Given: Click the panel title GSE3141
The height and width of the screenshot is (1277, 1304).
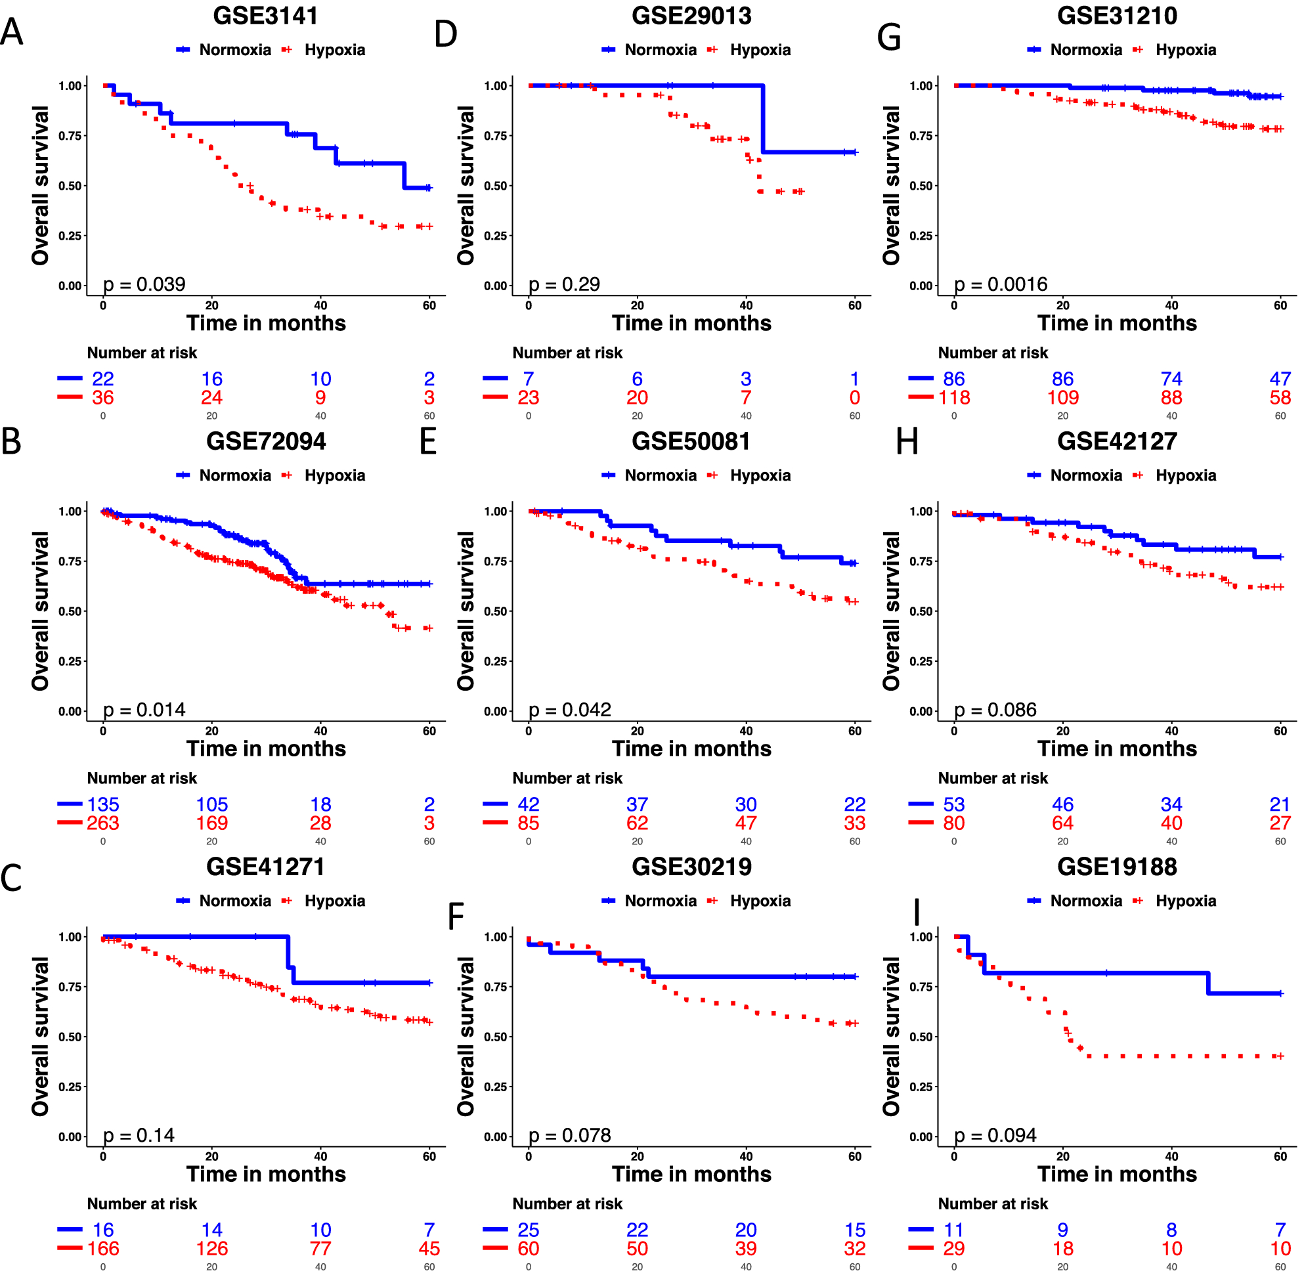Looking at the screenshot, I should pyautogui.click(x=266, y=15).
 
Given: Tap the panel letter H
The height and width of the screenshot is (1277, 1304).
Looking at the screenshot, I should pyautogui.click(x=907, y=442).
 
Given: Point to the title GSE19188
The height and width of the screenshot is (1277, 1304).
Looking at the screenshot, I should pyautogui.click(x=1117, y=867).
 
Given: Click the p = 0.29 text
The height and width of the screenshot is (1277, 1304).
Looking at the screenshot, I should pyautogui.click(x=564, y=284).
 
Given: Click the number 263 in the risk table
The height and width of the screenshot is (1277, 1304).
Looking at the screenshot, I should pyautogui.click(x=102, y=823).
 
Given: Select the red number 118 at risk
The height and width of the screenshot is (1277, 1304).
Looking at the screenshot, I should pyautogui.click(x=954, y=398).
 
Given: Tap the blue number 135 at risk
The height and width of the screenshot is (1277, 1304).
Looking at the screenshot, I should pyautogui.click(x=102, y=804).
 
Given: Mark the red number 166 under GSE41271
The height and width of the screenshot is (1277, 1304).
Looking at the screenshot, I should pyautogui.click(x=102, y=1248).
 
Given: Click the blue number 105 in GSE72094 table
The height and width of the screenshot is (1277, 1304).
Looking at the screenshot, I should pyautogui.click(x=212, y=804).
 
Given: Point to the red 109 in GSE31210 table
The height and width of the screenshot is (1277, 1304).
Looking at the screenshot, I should pyautogui.click(x=1062, y=398).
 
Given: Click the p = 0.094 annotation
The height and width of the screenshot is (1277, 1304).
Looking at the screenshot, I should pyautogui.click(x=995, y=1135).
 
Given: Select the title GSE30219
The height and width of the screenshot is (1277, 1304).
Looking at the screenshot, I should pyautogui.click(x=691, y=867).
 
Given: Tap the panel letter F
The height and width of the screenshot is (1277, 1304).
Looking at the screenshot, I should pyautogui.click(x=456, y=916).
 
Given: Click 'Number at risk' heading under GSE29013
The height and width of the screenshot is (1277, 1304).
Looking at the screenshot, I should pyautogui.click(x=567, y=353).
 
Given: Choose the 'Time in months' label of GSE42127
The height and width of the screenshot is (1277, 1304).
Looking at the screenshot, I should pyautogui.click(x=1117, y=748).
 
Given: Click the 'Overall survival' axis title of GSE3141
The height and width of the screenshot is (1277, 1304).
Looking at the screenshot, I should pyautogui.click(x=40, y=185).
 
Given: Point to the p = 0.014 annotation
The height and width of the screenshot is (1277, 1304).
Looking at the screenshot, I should pyautogui.click(x=144, y=710).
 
